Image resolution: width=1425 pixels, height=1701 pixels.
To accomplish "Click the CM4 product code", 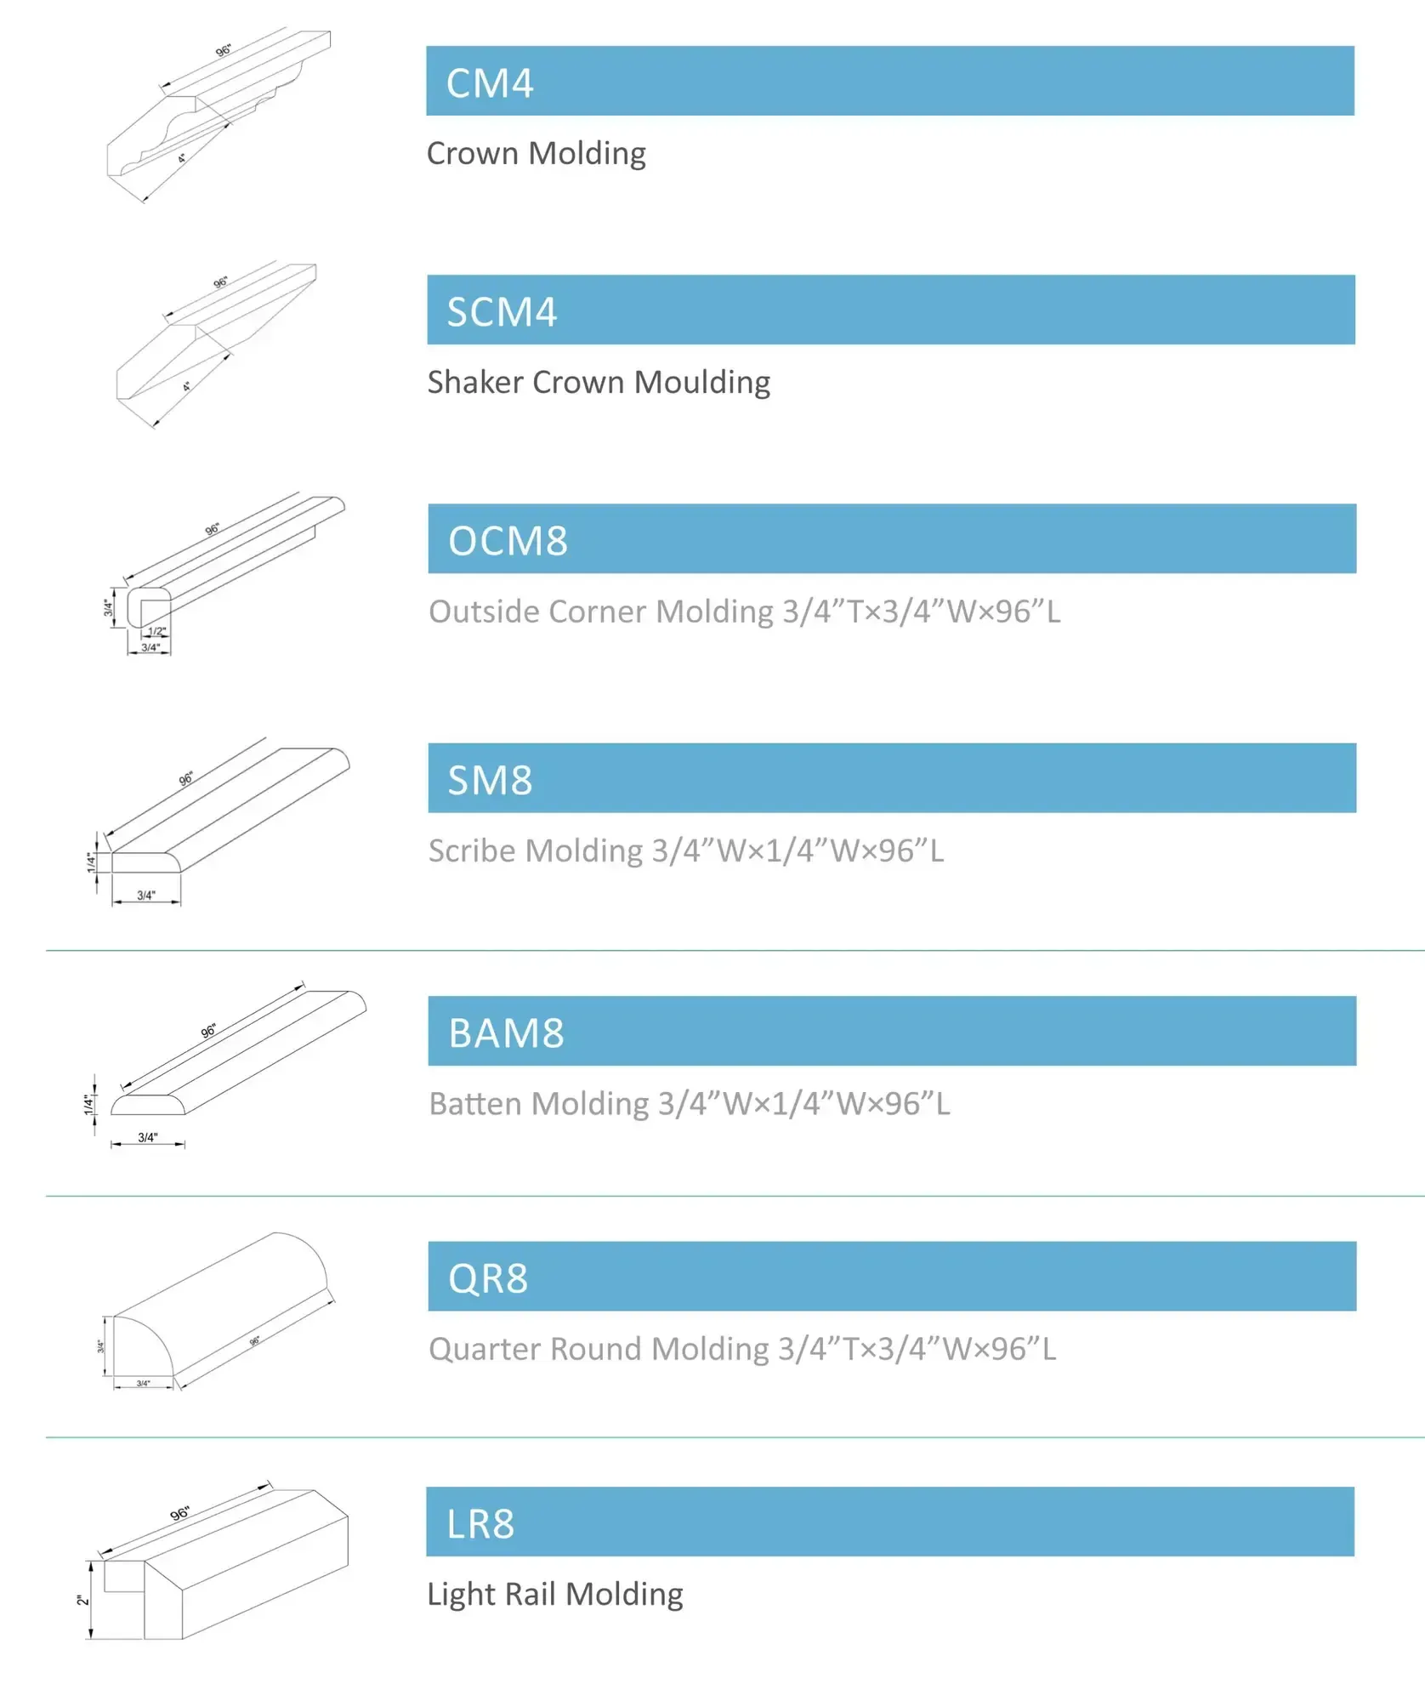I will [490, 83].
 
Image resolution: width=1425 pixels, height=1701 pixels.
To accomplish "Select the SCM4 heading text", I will [502, 312].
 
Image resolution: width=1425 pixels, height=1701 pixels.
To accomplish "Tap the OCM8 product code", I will [508, 541].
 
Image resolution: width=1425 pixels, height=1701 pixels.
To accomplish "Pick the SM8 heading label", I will [490, 780].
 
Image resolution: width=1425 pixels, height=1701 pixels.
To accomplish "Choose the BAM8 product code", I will [506, 1033].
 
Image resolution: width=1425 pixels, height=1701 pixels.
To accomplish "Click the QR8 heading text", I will [488, 1278].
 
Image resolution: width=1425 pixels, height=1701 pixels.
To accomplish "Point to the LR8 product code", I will [480, 1524].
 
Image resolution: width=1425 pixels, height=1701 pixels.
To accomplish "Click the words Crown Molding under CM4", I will [536, 154].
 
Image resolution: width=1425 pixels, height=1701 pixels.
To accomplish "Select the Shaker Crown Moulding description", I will [599, 383].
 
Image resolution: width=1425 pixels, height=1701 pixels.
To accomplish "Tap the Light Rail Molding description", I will [554, 1594].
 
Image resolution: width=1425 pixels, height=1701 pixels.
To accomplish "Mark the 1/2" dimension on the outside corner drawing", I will [157, 631].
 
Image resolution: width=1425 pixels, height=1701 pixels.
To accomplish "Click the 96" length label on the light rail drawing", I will [179, 1514].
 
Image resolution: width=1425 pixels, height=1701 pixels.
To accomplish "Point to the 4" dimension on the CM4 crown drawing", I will [182, 158].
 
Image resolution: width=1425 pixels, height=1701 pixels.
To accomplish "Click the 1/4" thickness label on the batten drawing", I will [88, 1105].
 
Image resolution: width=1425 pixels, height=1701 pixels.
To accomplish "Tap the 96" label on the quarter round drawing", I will [255, 1341].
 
